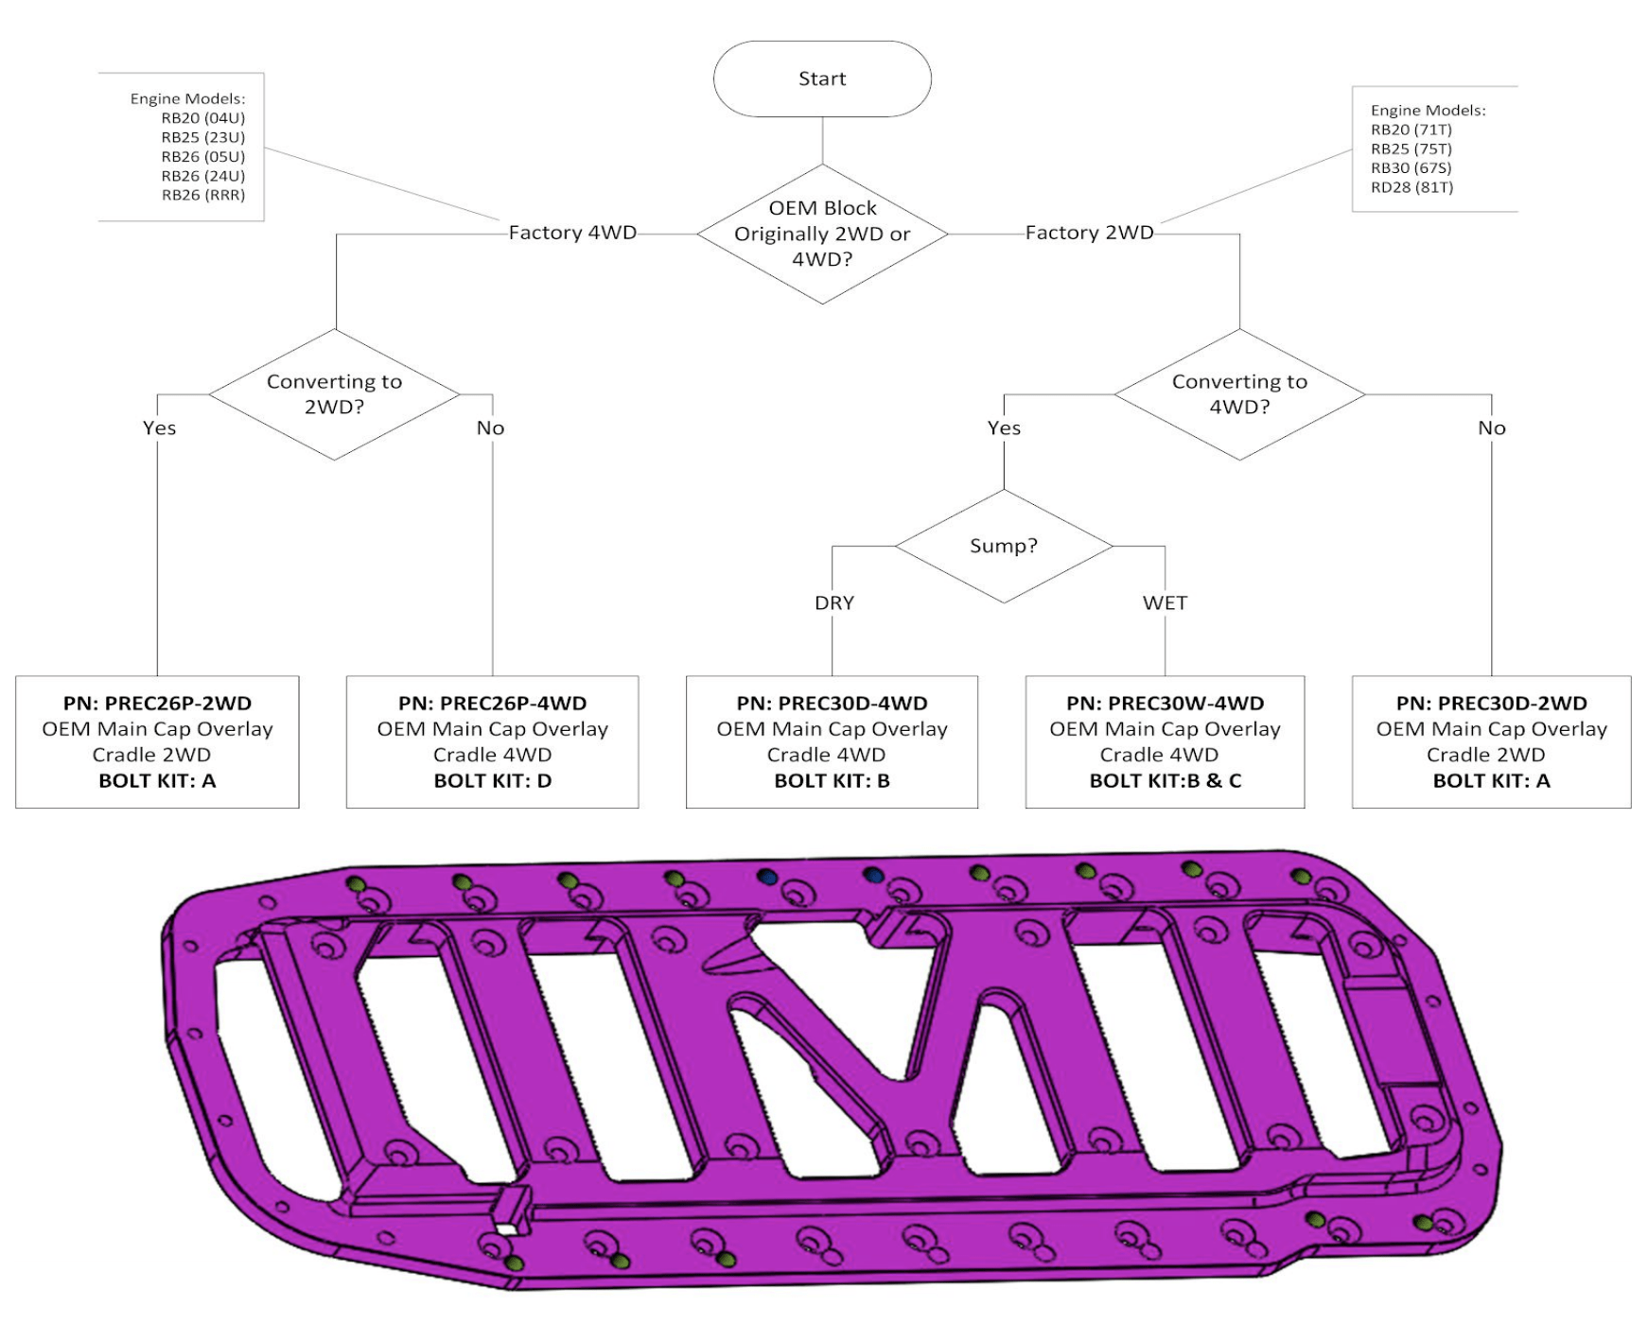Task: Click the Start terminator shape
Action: click(821, 78)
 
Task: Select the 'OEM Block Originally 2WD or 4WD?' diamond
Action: click(822, 234)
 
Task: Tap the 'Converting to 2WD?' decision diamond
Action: click(334, 394)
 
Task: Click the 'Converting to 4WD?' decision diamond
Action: click(1239, 394)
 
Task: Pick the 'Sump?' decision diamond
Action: click(1003, 546)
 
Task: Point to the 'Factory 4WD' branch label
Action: click(572, 233)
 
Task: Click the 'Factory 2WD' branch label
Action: click(1089, 233)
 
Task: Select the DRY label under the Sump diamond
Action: click(833, 602)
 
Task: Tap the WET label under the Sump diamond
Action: click(1164, 602)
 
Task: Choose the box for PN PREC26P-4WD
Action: click(492, 741)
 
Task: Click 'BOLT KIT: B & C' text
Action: click(1165, 781)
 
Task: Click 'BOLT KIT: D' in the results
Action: click(492, 781)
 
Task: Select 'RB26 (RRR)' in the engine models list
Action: click(202, 195)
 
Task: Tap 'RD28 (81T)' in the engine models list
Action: click(1411, 187)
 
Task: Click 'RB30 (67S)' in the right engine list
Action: click(1411, 167)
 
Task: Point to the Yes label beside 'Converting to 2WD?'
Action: click(159, 427)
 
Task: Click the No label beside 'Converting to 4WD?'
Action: click(1491, 427)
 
